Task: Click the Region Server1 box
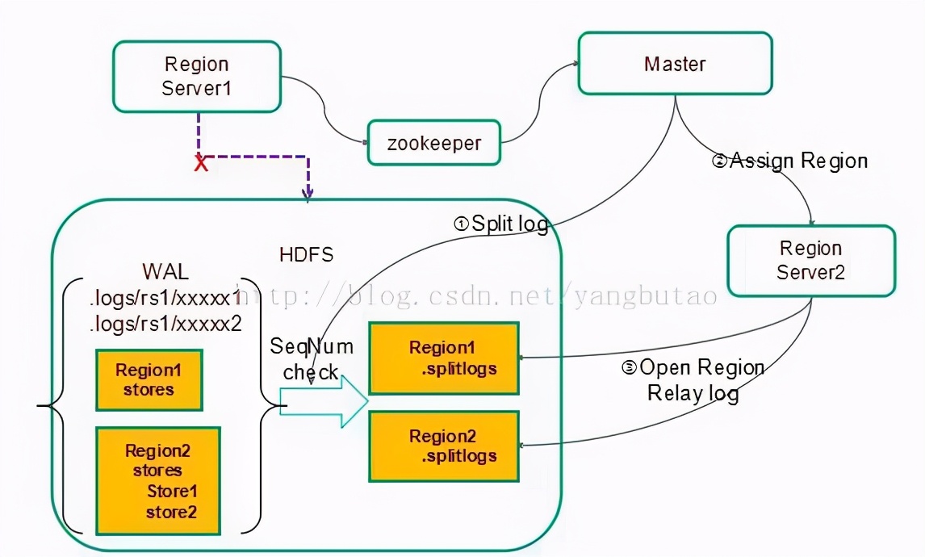(x=196, y=76)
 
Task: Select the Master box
(x=675, y=64)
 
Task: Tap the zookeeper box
(x=433, y=144)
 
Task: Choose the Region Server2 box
(x=810, y=260)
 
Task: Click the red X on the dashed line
(x=201, y=164)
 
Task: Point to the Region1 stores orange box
(x=149, y=379)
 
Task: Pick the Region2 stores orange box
(x=157, y=480)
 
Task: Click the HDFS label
(x=306, y=255)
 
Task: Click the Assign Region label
(x=790, y=161)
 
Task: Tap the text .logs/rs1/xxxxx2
(x=165, y=324)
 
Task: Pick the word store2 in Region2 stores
(x=171, y=511)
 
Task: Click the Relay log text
(x=693, y=393)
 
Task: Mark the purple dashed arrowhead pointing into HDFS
(x=308, y=194)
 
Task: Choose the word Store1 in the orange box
(x=172, y=491)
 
